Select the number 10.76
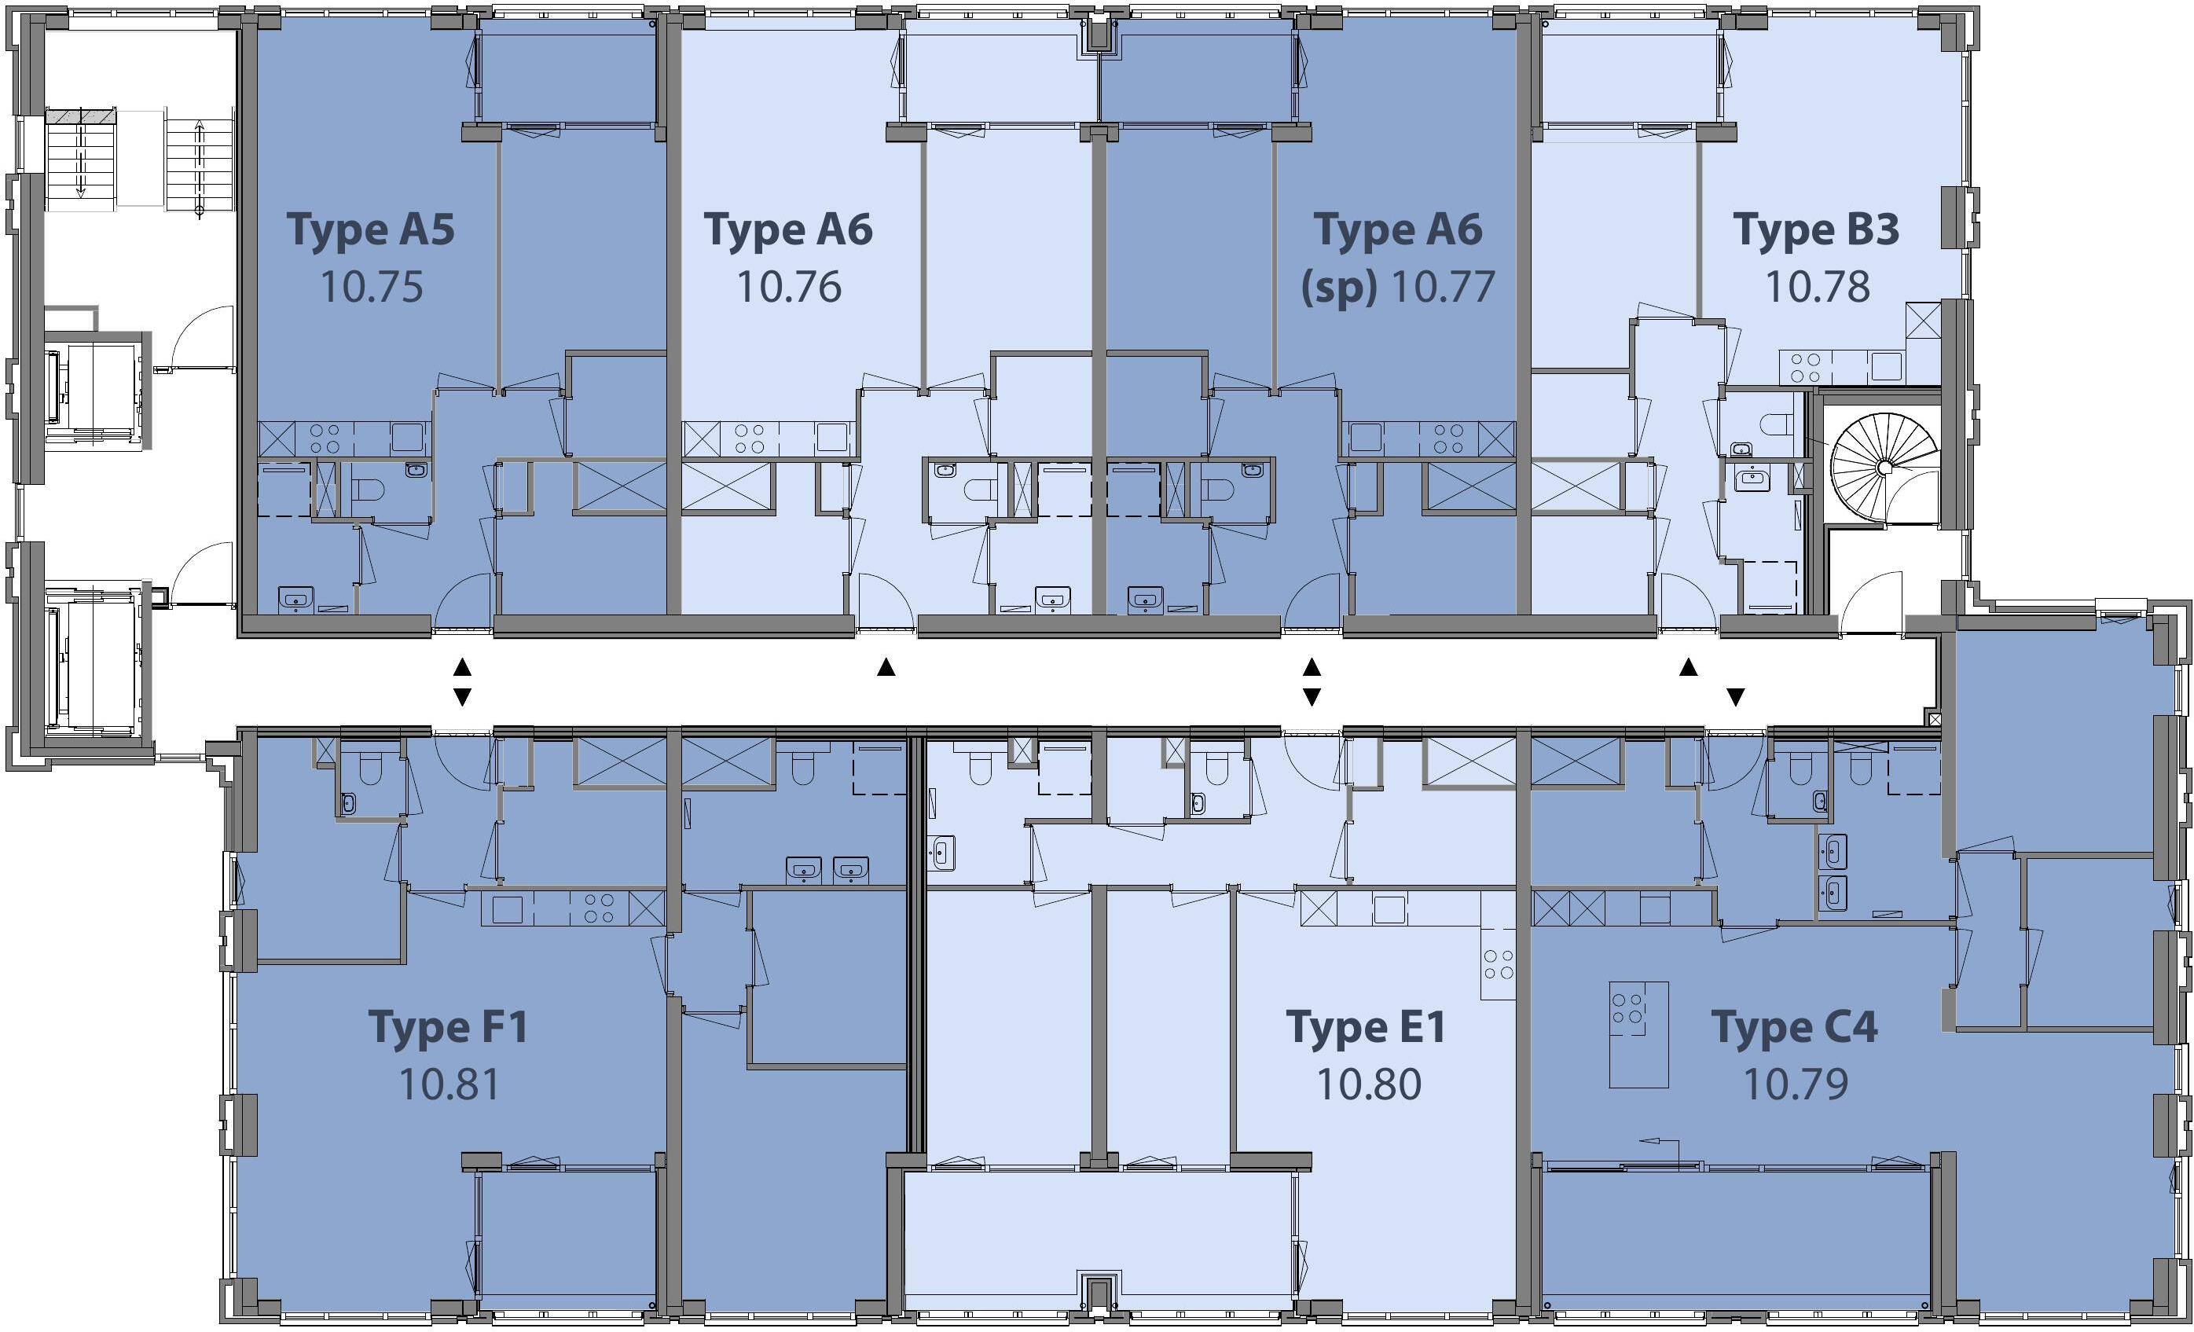pyautogui.click(x=789, y=287)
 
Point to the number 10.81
pyautogui.click(x=449, y=1084)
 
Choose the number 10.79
pyautogui.click(x=1795, y=1084)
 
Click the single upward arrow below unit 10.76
pyautogui.click(x=886, y=667)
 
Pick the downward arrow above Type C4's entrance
pyautogui.click(x=1735, y=696)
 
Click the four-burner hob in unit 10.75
pyautogui.click(x=323, y=439)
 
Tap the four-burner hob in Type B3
pyautogui.click(x=1805, y=368)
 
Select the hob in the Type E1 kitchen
pyautogui.click(x=1499, y=964)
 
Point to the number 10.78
pyautogui.click(x=1818, y=287)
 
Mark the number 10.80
pyautogui.click(x=1369, y=1084)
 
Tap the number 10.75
pyautogui.click(x=372, y=287)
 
